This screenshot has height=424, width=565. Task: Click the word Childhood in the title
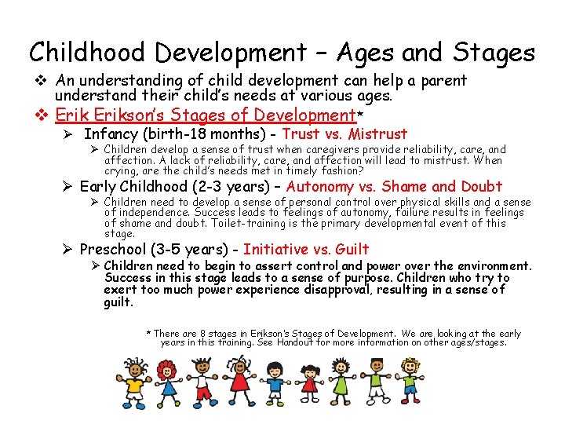pos(88,53)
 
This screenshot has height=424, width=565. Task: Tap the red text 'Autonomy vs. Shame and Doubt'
pos(394,186)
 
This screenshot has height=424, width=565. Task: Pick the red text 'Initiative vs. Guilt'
pos(306,250)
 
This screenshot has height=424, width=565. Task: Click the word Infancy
pos(111,134)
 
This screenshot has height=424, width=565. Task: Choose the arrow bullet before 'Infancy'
pos(68,134)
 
